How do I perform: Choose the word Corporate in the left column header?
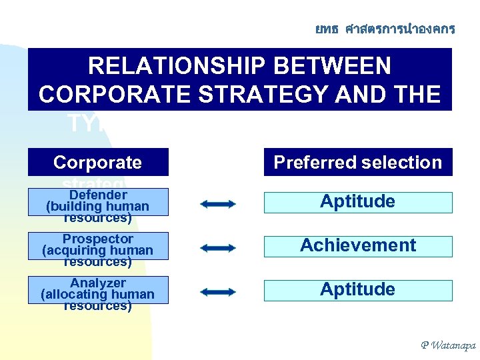pos(97,163)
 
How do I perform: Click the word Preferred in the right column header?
pos(313,163)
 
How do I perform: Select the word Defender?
pos(98,195)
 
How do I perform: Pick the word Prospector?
pos(98,239)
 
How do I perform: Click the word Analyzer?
pos(98,283)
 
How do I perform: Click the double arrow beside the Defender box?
pos(217,204)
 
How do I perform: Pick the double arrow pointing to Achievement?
pos(217,248)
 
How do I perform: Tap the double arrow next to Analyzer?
pos(217,292)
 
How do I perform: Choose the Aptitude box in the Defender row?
pos(358,202)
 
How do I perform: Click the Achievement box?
pos(358,246)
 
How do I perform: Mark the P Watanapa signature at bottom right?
pos(448,345)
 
